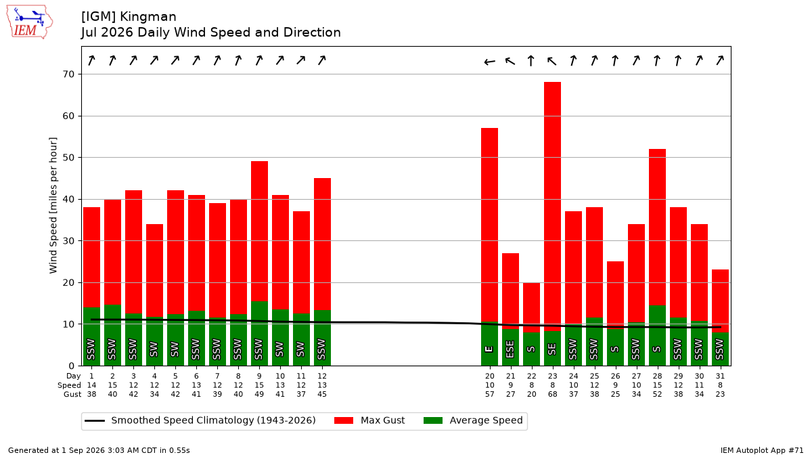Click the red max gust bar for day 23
coord(552,206)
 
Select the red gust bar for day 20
coord(489,225)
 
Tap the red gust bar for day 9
coord(259,232)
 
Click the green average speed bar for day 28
coord(657,336)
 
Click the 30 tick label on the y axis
coord(68,241)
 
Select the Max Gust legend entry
coord(369,420)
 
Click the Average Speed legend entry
coord(473,420)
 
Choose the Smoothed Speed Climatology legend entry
coord(200,420)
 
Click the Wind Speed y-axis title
coord(53,205)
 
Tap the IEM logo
coord(30,22)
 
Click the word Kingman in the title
coord(148,17)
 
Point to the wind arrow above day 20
coord(489,62)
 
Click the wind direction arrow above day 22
coord(531,60)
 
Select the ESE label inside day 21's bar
coord(510,349)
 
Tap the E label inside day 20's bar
coord(489,349)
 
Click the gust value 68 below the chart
coord(552,394)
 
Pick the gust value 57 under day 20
coord(489,394)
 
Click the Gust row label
coord(72,394)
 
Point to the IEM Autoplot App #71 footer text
coord(762,450)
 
